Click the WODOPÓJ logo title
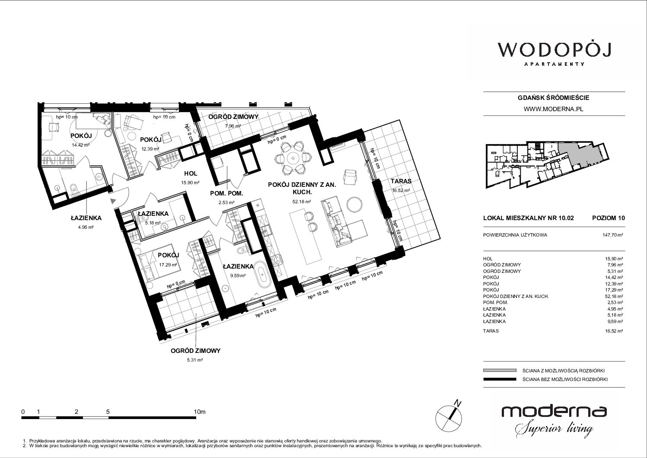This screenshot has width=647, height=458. (554, 50)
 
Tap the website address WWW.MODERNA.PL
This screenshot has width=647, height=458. (553, 109)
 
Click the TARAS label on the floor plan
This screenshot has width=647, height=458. (401, 181)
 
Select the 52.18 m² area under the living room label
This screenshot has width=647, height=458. (302, 202)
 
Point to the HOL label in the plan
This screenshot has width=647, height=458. (191, 173)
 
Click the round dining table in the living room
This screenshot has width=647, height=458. (293, 158)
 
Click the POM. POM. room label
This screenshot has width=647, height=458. (226, 193)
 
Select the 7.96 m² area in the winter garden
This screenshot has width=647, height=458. (233, 126)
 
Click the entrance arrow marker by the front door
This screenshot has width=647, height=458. (113, 201)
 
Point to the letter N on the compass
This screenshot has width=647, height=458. (458, 403)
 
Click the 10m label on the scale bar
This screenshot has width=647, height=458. (200, 411)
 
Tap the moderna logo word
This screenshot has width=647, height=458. (554, 411)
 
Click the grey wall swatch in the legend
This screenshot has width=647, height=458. (500, 370)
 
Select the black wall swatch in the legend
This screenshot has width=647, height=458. (500, 379)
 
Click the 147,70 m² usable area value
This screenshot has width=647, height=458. (612, 235)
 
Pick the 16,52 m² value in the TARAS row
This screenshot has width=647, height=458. (614, 331)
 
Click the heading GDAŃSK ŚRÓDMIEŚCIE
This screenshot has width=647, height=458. (553, 98)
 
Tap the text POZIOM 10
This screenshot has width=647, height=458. (609, 218)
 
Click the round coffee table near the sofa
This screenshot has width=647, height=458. (354, 204)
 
